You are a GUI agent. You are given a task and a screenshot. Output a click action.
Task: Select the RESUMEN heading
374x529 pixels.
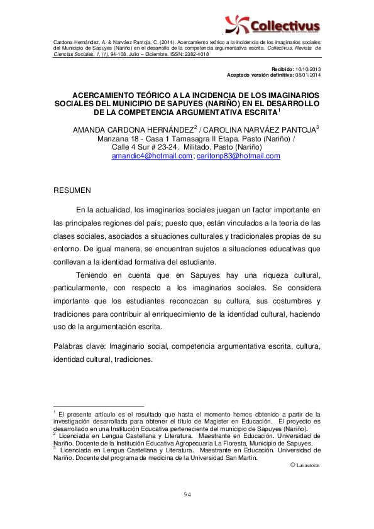[72, 190]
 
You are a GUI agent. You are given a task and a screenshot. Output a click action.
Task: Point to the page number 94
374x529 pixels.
[187, 494]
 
